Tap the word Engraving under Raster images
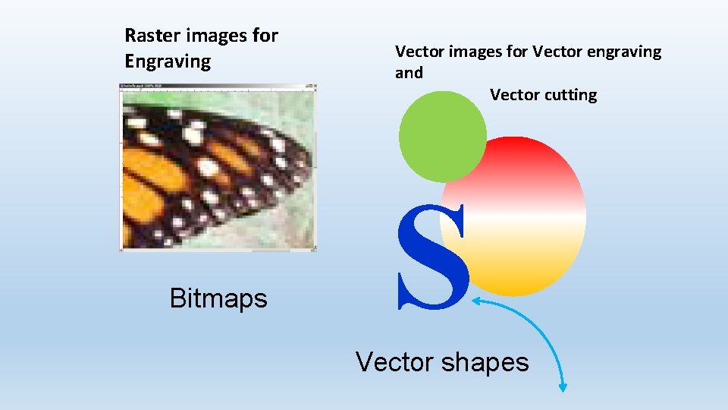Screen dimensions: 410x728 point(168,62)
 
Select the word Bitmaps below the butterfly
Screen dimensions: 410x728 point(218,298)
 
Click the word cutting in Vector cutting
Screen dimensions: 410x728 point(571,95)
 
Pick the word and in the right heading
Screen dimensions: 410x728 point(409,74)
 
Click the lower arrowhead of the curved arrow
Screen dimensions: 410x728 point(563,388)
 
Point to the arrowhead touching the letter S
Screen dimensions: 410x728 point(477,302)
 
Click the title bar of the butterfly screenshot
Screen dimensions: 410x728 point(218,86)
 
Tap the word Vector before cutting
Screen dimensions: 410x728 point(515,95)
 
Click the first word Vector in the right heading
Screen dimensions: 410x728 point(419,52)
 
